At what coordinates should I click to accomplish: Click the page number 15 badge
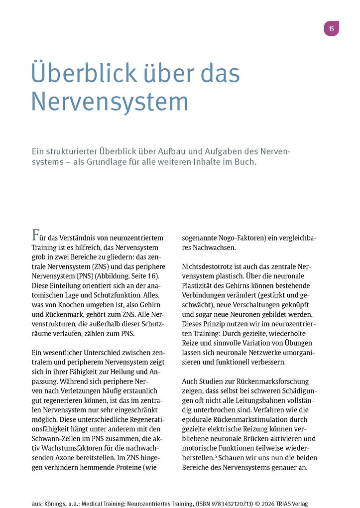click(x=331, y=29)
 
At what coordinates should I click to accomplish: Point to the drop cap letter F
click(x=35, y=235)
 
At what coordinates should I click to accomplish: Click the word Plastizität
click(x=200, y=285)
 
